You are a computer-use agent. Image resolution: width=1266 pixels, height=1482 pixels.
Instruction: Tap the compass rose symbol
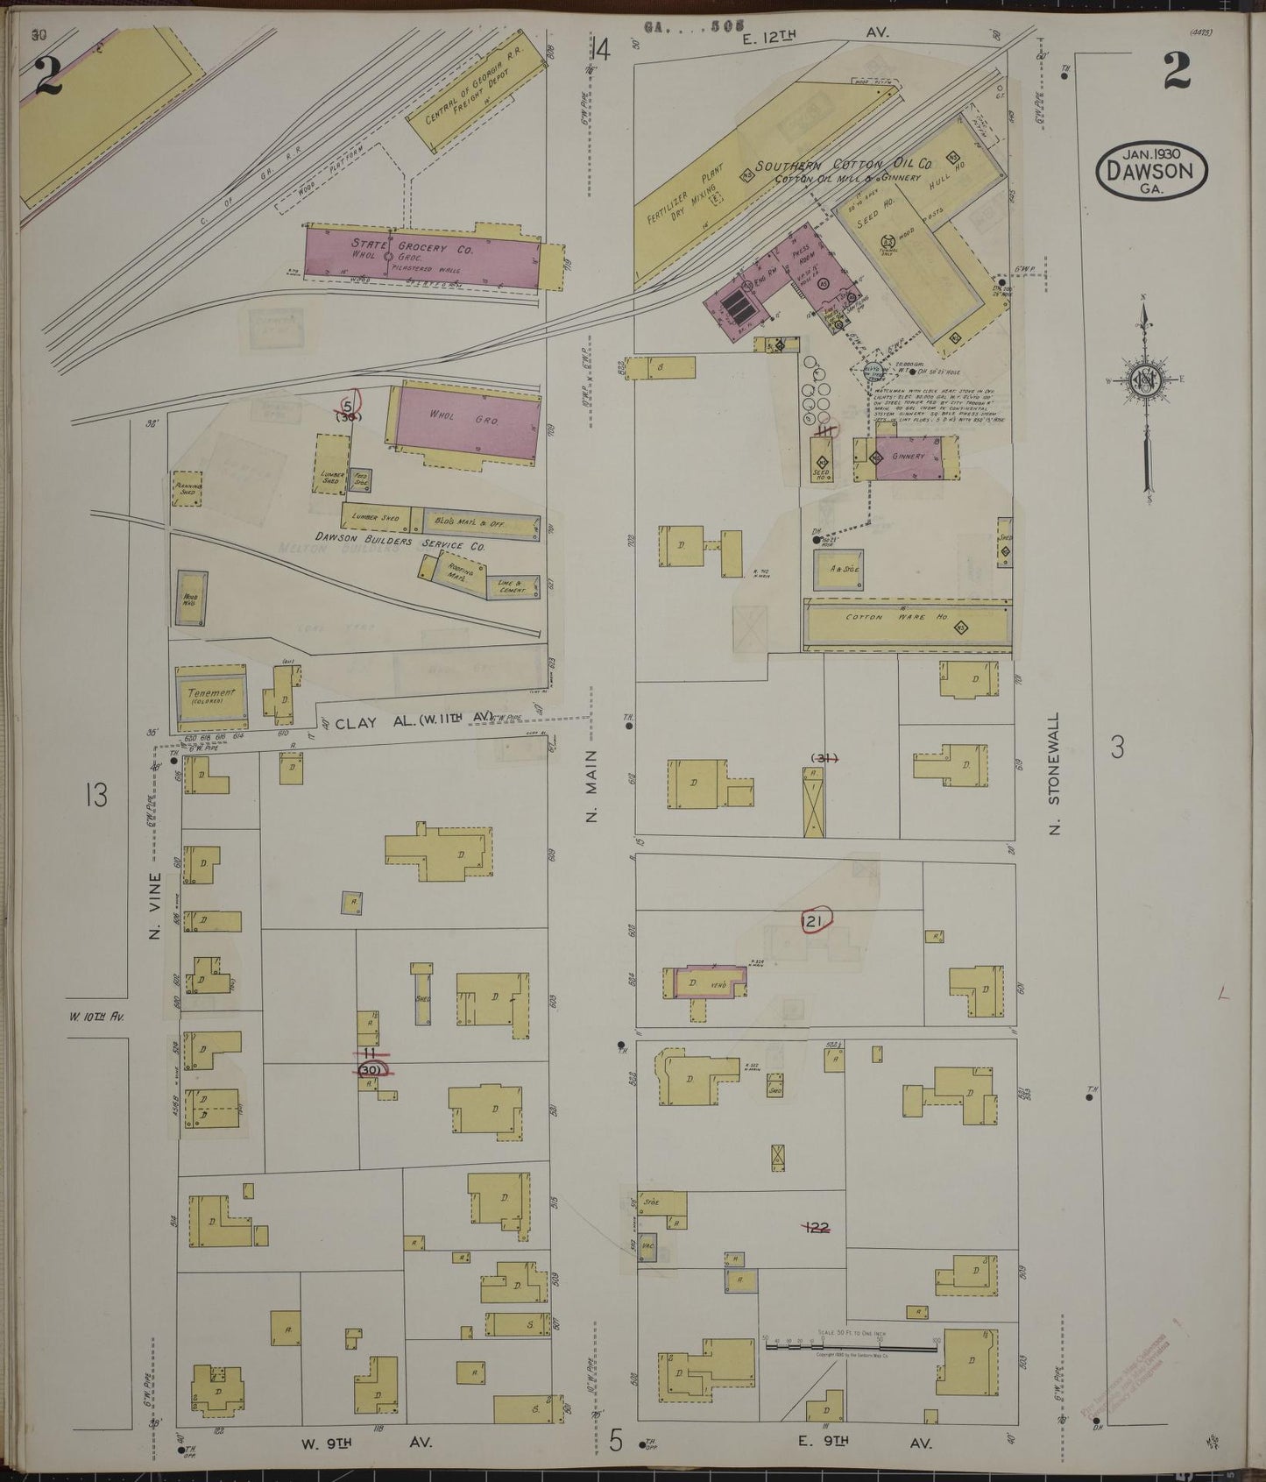(1145, 381)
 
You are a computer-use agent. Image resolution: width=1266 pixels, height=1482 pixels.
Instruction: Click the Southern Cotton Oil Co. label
(844, 165)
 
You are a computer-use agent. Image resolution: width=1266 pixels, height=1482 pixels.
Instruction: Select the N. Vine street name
(154, 905)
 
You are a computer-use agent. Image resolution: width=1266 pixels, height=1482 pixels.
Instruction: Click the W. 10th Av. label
(96, 1018)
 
